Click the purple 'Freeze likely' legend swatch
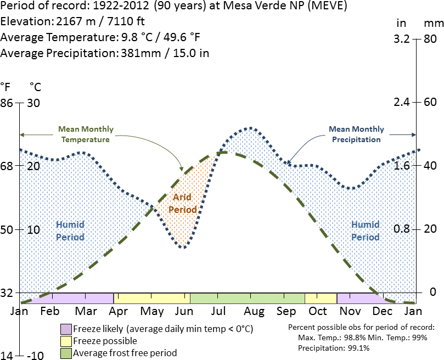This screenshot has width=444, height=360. [x=66, y=329]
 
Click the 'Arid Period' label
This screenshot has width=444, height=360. [x=183, y=203]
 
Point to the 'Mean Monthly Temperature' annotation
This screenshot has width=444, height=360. [x=86, y=134]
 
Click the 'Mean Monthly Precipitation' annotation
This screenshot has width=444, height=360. [x=356, y=134]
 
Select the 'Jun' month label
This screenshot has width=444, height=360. [x=183, y=311]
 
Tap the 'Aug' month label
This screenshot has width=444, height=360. [x=254, y=311]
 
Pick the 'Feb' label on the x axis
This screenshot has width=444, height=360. [x=50, y=311]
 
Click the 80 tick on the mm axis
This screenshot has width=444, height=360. [x=430, y=40]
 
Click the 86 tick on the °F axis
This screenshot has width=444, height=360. [x=7, y=103]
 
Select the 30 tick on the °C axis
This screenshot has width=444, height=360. [x=34, y=103]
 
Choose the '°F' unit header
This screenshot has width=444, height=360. [x=5, y=87]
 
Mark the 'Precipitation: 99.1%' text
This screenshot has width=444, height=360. [x=334, y=348]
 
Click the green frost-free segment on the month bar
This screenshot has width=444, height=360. [x=247, y=298]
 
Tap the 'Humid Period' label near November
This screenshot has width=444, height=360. [x=365, y=231]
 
